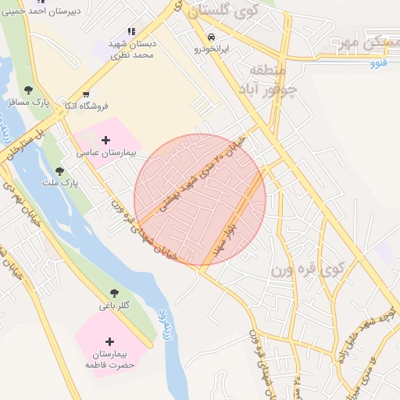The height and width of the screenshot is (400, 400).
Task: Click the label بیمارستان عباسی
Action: pos(107,154)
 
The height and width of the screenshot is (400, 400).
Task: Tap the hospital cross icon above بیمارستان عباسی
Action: pos(106,140)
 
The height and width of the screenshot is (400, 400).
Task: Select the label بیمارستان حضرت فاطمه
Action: pos(109,360)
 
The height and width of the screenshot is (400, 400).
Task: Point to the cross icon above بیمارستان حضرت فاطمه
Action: pos(109,342)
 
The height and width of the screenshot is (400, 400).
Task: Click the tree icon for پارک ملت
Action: pos(59,171)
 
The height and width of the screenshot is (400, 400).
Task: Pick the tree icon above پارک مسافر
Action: pos(29,91)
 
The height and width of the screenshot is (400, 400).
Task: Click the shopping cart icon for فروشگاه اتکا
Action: pos(85,94)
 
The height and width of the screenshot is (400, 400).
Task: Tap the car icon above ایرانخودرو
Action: pos(212,37)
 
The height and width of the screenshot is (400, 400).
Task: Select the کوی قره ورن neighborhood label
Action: pos(308,271)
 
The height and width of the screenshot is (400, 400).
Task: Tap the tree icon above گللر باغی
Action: pos(114,294)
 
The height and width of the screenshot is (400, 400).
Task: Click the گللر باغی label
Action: pos(114,306)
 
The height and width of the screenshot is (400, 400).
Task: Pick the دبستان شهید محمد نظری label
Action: pos(132,49)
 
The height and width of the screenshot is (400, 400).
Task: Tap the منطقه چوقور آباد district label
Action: pos(278,81)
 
